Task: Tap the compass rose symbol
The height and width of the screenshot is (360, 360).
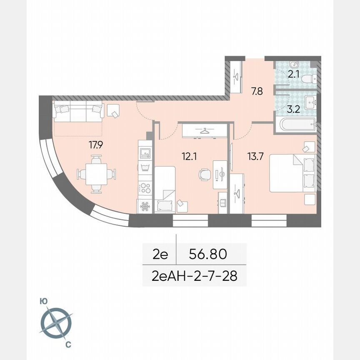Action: point(56,323)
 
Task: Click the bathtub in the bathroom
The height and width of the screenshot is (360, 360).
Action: point(295,124)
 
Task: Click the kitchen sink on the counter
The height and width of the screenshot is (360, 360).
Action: point(145,154)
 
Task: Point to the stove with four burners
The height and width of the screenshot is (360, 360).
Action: point(145,188)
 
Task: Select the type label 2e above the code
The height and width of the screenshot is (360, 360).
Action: point(160,254)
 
